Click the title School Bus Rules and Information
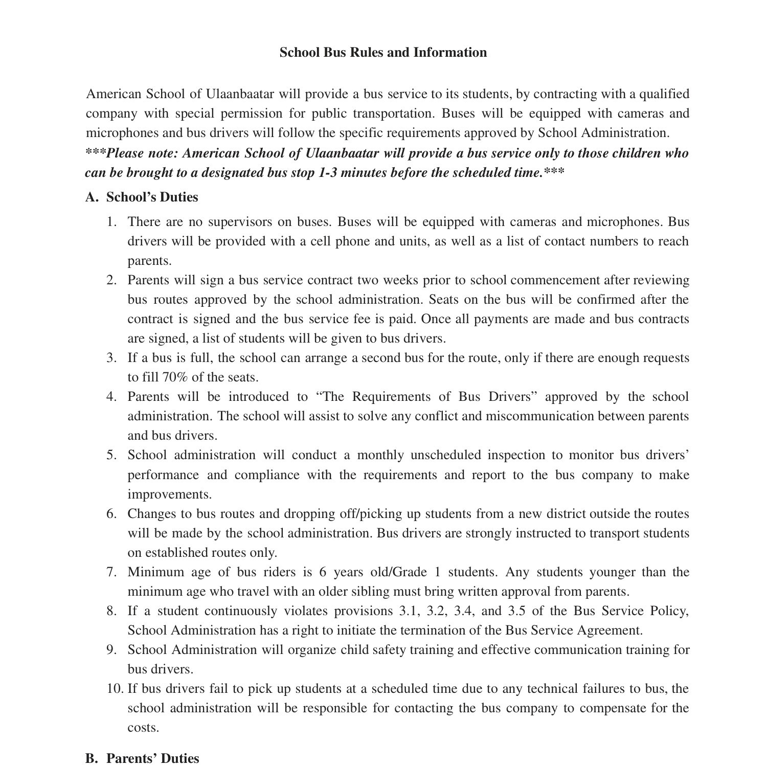[x=383, y=53]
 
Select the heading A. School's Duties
[x=142, y=197]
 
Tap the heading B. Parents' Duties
[x=142, y=758]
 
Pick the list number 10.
[x=115, y=689]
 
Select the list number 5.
[x=111, y=455]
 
